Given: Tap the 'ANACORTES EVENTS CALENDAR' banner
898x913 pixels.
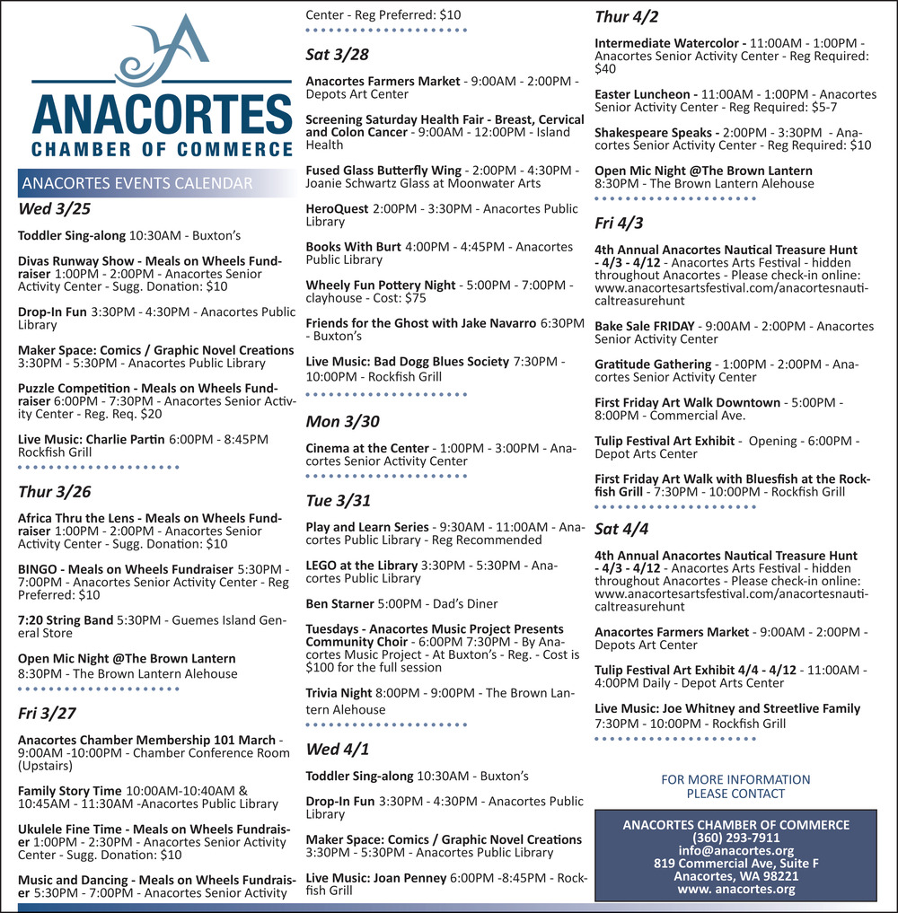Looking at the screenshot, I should pos(137,184).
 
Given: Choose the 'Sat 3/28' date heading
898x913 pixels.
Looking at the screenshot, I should pos(337,55).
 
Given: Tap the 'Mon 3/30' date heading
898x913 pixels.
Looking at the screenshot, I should pos(342,421).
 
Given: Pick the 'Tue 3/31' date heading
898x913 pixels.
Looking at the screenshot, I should pos(338,500).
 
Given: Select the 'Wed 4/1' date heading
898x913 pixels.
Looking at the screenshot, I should pos(337,749).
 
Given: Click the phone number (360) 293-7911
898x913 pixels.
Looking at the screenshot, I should pos(736,838).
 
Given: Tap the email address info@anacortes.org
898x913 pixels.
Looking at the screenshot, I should pos(735,850).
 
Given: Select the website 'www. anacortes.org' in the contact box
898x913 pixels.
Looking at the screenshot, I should pos(735,889).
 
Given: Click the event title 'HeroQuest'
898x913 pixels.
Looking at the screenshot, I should pos(337,209).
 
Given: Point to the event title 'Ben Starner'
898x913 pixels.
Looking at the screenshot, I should pos(339,603).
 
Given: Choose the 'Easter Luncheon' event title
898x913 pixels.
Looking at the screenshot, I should pos(646,94).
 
